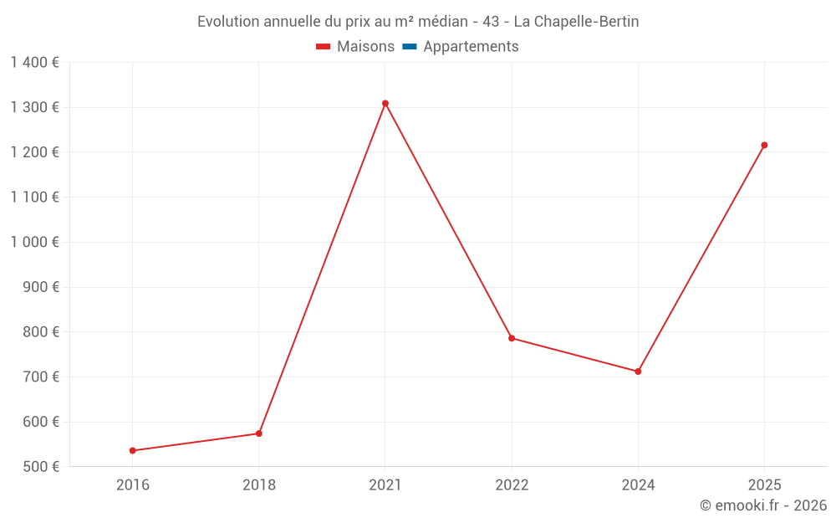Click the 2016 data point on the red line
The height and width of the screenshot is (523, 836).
[x=133, y=450]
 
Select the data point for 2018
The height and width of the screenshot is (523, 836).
[x=259, y=433]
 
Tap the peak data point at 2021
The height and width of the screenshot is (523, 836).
[x=385, y=104]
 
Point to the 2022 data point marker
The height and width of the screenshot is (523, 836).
[x=512, y=338]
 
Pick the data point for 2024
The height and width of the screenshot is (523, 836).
[x=638, y=372]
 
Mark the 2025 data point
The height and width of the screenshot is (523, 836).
[x=764, y=145]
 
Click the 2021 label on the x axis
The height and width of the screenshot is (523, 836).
[x=385, y=485]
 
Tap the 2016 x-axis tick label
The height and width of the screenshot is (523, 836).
[x=133, y=485]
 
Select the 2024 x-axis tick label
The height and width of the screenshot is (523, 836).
[x=638, y=485]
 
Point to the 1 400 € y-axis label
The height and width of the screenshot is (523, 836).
[x=34, y=62]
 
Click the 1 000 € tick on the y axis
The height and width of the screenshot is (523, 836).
[x=34, y=242]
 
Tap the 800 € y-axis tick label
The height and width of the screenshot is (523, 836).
[x=40, y=331]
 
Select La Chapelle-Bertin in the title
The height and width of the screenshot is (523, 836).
[x=576, y=22]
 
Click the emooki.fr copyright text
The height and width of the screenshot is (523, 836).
[x=763, y=505]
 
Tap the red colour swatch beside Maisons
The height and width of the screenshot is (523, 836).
[x=324, y=47]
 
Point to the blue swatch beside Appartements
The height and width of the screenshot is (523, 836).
[x=410, y=47]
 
